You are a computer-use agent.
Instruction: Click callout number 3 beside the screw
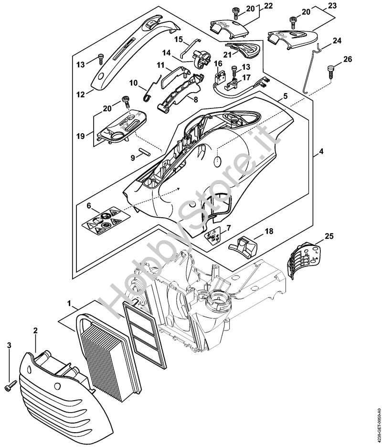9,345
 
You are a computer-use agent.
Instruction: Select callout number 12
81,95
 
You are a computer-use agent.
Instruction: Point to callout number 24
337,41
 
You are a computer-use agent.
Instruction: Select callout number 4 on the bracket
321,152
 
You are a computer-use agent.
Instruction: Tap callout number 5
285,95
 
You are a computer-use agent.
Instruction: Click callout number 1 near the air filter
70,303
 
